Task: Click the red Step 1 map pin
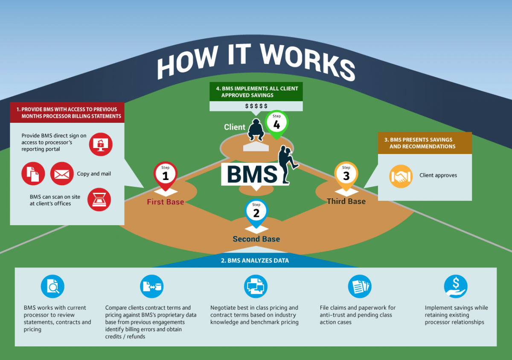tap(165, 174)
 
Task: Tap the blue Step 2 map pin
tap(256, 212)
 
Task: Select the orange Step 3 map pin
tap(346, 174)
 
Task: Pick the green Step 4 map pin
tap(276, 124)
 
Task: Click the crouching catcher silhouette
tap(256, 130)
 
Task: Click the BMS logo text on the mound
tap(252, 174)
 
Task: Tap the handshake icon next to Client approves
tap(401, 176)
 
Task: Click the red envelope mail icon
tap(62, 174)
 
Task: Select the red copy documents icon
tap(33, 174)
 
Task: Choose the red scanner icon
tap(99, 200)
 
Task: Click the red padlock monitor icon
tap(101, 144)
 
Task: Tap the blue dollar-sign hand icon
tap(456, 286)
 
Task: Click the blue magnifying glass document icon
tap(52, 286)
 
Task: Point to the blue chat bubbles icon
tap(256, 286)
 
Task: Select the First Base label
tap(166, 202)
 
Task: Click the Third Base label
tap(346, 201)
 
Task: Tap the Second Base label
tap(256, 239)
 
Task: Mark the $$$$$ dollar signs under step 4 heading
tap(256, 106)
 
